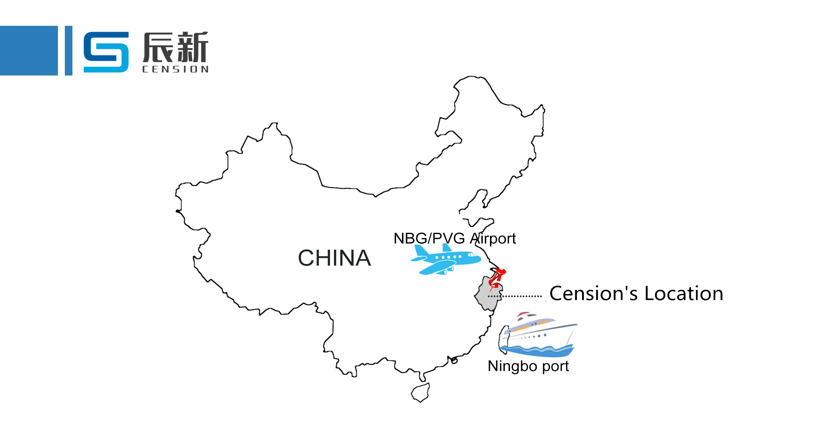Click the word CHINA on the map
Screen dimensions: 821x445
coord(334,258)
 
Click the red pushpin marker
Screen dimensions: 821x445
coord(497,278)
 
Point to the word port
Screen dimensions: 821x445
coord(555,366)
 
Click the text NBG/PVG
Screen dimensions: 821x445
coord(429,239)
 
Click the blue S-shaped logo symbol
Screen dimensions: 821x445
coord(106,52)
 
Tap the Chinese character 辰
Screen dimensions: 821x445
coord(158,47)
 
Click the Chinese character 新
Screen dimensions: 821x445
coord(192,47)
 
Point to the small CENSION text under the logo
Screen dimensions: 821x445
coord(175,69)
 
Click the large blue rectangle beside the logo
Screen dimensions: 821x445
coord(29,50)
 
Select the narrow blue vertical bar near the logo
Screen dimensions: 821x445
coord(69,50)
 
